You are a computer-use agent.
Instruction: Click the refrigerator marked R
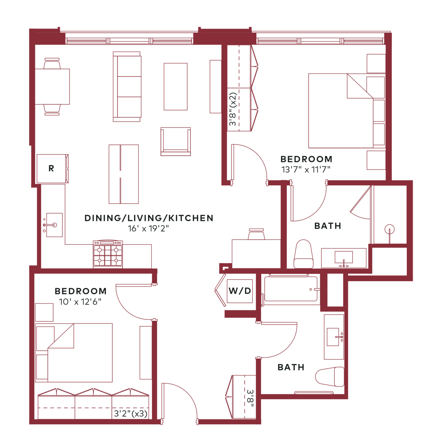pyautogui.click(x=52, y=169)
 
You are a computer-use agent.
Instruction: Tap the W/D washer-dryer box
pyautogui.click(x=240, y=291)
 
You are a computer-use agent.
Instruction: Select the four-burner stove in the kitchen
pyautogui.click(x=108, y=254)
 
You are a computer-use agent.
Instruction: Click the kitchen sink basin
pyautogui.click(x=54, y=225)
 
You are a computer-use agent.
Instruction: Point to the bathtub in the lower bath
pyautogui.click(x=291, y=289)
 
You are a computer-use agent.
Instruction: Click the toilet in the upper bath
pyautogui.click(x=303, y=254)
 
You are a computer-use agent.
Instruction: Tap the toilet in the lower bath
pyautogui.click(x=330, y=377)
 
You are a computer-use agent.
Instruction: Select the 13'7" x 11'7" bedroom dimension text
pyautogui.click(x=306, y=170)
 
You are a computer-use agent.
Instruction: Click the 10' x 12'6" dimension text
pyautogui.click(x=80, y=302)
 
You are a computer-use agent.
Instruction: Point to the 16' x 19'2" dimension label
pyautogui.click(x=148, y=229)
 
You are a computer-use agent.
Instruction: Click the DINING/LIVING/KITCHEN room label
pyautogui.click(x=149, y=218)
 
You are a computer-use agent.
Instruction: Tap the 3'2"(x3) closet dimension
pyautogui.click(x=131, y=414)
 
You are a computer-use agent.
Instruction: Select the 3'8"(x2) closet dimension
pyautogui.click(x=233, y=109)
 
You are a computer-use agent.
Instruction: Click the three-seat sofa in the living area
pyautogui.click(x=127, y=87)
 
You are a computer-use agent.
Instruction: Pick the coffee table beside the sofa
pyautogui.click(x=176, y=87)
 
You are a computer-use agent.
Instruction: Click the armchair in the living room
pyautogui.click(x=176, y=142)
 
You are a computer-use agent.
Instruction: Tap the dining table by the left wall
pyautogui.click(x=52, y=87)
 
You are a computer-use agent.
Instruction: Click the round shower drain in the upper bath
pyautogui.click(x=389, y=229)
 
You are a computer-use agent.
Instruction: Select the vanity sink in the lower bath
pyautogui.click(x=333, y=337)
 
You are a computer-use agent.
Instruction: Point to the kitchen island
pyautogui.click(x=124, y=174)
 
